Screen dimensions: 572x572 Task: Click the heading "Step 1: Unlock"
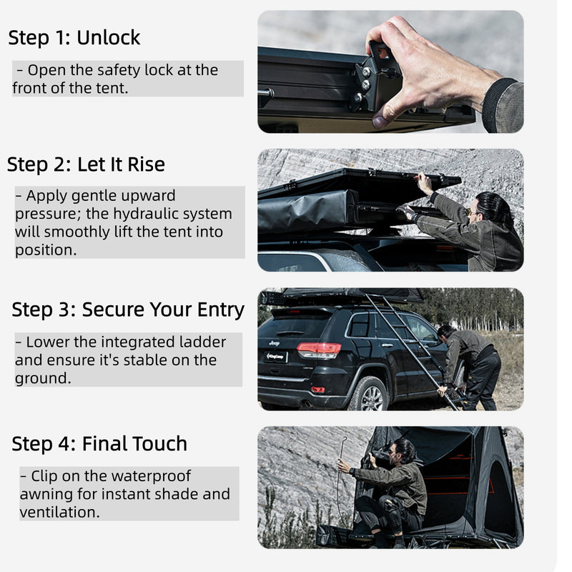pos(74,37)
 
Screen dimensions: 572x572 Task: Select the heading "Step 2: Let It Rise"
pos(86,164)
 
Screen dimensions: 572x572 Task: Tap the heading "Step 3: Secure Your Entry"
pos(128,310)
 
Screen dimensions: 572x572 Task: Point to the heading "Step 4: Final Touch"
pos(99,443)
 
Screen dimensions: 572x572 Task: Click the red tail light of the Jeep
pos(319,350)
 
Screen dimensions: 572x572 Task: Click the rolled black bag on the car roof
pos(307,212)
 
